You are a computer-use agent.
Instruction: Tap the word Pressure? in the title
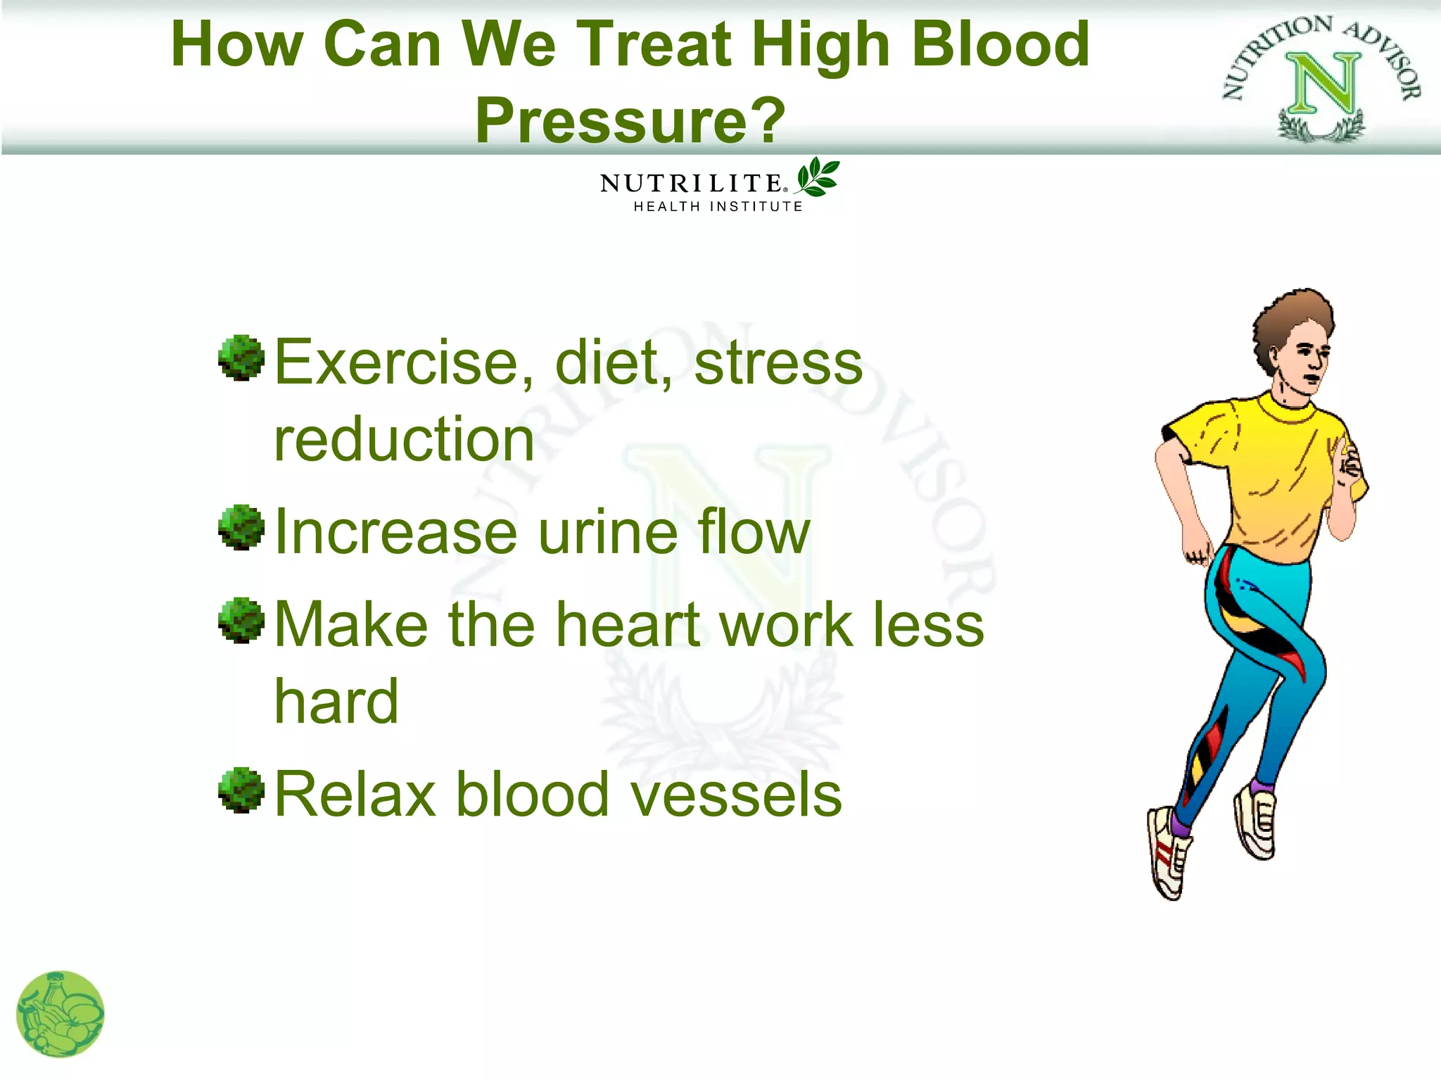click(630, 120)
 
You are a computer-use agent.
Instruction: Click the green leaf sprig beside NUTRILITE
click(818, 177)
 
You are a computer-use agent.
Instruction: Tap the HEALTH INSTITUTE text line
click(718, 207)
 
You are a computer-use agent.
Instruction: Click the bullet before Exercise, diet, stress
click(241, 358)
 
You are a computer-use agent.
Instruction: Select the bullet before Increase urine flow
click(241, 527)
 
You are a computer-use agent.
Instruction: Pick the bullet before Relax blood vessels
click(241, 790)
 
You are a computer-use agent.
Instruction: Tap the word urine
click(599, 533)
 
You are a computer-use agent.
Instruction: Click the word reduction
click(405, 440)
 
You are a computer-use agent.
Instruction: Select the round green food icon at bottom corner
click(60, 1014)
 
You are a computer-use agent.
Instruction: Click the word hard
click(336, 702)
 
